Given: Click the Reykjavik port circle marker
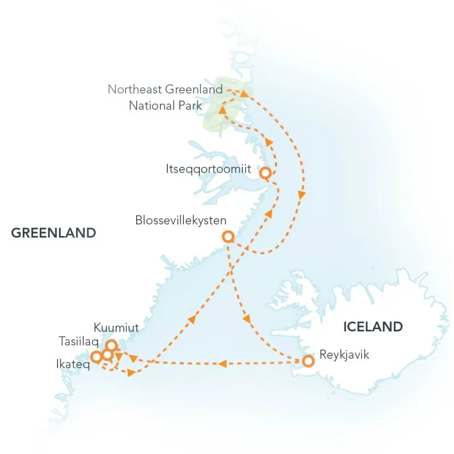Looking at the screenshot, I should (308, 361).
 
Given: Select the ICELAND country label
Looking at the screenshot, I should (373, 327).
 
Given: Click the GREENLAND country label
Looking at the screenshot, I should (53, 233).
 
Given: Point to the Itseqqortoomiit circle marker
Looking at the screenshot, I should (264, 173).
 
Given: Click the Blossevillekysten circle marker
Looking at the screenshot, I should (228, 236).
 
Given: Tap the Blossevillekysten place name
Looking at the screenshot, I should (181, 220).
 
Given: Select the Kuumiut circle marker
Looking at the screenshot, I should (112, 345).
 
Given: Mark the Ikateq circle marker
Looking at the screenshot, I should (96, 357).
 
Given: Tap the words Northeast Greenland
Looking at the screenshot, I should (165, 90).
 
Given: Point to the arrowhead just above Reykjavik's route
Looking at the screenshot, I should (247, 321).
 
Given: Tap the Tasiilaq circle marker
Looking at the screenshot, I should (107, 355).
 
